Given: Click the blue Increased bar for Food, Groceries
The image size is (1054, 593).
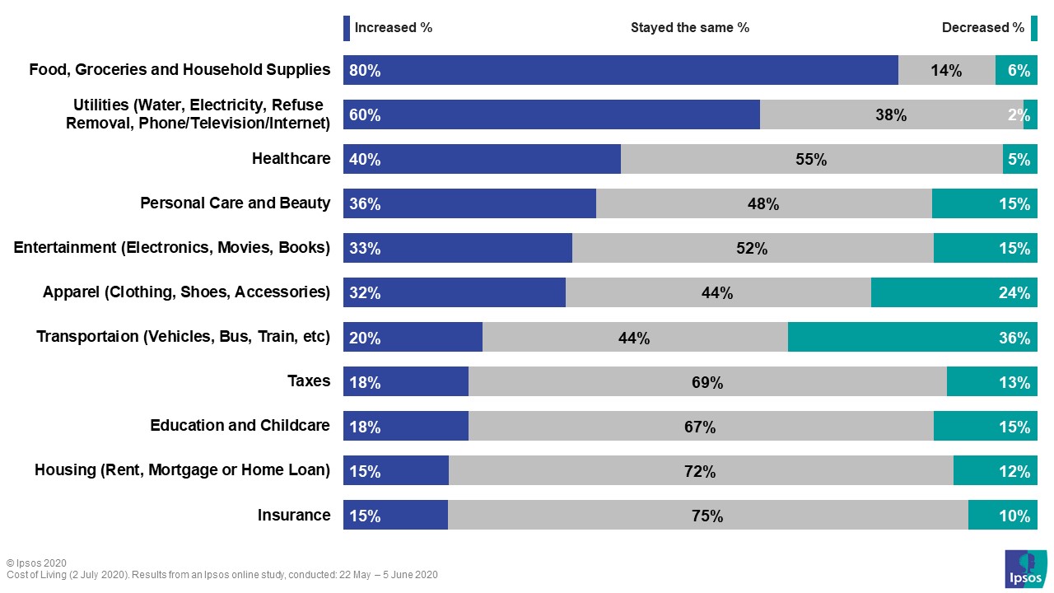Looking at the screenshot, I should coord(620,70).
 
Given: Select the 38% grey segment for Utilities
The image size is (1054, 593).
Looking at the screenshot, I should coord(891,114).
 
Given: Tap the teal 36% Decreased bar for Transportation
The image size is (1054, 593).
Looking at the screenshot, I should coord(912,337).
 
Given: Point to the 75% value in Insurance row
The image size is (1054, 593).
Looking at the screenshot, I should coord(707,516).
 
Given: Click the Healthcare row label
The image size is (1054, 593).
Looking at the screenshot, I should coord(291,158).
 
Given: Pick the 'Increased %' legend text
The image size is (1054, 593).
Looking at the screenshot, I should coord(393,27).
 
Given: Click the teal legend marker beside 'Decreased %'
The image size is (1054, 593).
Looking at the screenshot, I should coord(1033,28).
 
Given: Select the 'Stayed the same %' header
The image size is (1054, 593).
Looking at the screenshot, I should coord(689,27).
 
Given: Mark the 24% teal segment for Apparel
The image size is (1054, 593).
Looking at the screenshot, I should coord(954,292).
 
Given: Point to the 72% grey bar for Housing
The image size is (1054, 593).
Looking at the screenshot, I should coord(700,471).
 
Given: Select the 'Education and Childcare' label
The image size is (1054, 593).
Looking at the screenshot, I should coord(240,425).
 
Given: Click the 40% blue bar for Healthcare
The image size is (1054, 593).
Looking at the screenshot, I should coord(482,159).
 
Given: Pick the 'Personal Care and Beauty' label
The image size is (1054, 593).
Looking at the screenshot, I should coord(235,203).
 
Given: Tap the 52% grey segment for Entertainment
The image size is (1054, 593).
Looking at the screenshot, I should coord(752,248).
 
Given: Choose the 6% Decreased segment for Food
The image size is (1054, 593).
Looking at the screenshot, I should coord(1016,70).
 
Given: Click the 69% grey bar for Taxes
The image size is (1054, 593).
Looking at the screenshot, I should coord(707,381).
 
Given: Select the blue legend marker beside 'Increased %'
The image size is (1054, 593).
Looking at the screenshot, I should coord(347,28).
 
